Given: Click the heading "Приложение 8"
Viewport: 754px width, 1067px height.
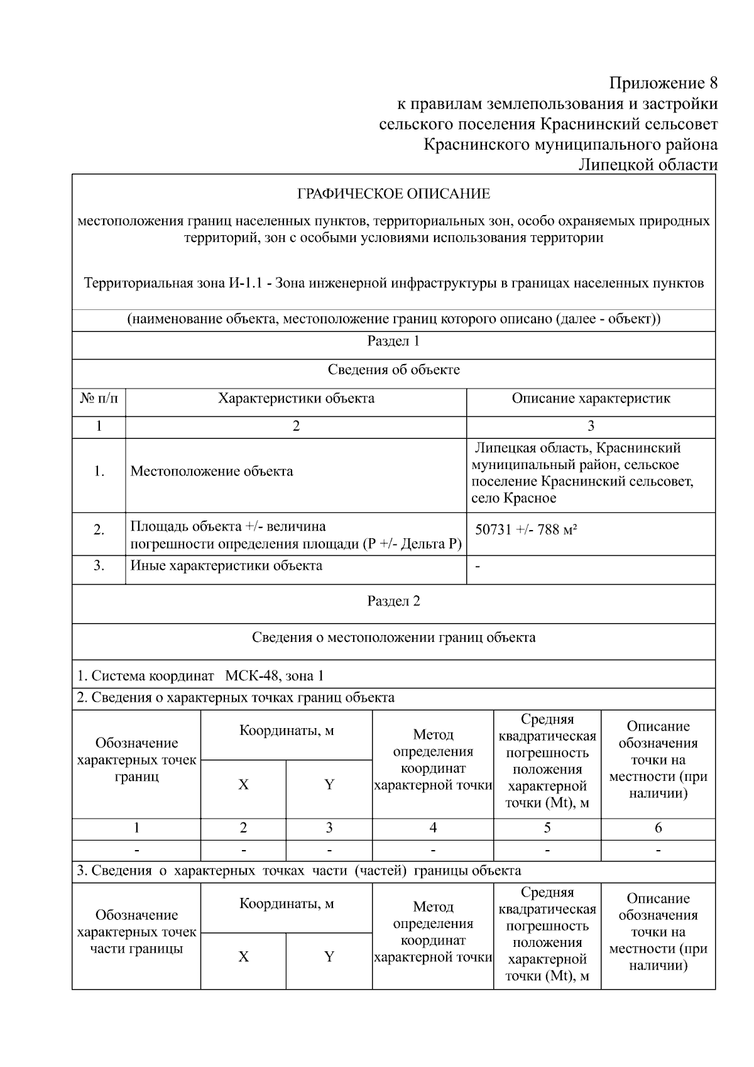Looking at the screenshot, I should (x=663, y=83).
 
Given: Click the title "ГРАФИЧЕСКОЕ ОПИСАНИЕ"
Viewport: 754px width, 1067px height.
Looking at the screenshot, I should (x=393, y=194).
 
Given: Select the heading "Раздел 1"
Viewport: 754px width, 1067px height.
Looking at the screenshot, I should (x=393, y=341).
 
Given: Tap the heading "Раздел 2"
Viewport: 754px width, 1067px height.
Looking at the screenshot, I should (x=393, y=601).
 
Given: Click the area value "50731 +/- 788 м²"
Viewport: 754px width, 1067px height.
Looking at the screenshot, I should (x=526, y=529).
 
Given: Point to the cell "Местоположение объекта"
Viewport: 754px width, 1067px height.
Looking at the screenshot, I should (x=212, y=472).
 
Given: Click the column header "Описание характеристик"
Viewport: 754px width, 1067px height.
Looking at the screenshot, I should (x=591, y=398).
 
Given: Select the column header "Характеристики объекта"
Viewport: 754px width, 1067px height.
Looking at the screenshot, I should (x=296, y=398).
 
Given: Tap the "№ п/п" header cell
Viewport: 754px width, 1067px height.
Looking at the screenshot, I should (x=99, y=398).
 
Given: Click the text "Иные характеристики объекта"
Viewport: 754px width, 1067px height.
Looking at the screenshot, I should (x=226, y=565).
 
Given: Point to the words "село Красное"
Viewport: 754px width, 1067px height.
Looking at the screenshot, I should (x=513, y=498).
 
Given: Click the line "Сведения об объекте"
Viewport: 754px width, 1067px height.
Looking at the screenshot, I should (x=393, y=370).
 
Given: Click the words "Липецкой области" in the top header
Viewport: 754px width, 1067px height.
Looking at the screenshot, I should (x=648, y=165).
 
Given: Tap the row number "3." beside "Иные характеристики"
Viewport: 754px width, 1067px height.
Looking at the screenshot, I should (x=99, y=565).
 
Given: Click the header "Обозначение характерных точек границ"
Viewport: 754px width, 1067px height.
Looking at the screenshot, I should (x=136, y=760).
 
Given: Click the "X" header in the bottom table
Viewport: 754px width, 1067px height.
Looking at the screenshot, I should (x=243, y=957).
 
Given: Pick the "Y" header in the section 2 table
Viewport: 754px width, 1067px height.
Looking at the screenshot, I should (x=329, y=785).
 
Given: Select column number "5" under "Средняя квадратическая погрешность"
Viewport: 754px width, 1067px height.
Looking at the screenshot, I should (x=547, y=827).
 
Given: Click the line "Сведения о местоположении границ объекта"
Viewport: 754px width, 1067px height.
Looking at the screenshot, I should (x=393, y=638).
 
